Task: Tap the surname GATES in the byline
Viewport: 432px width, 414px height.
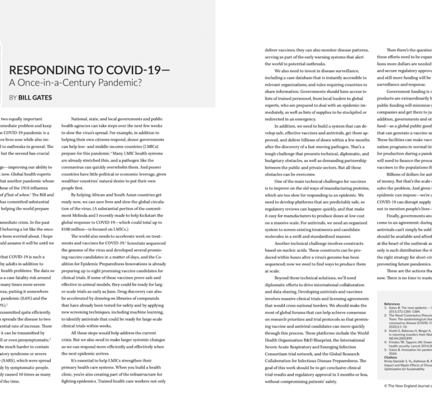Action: (41, 97)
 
